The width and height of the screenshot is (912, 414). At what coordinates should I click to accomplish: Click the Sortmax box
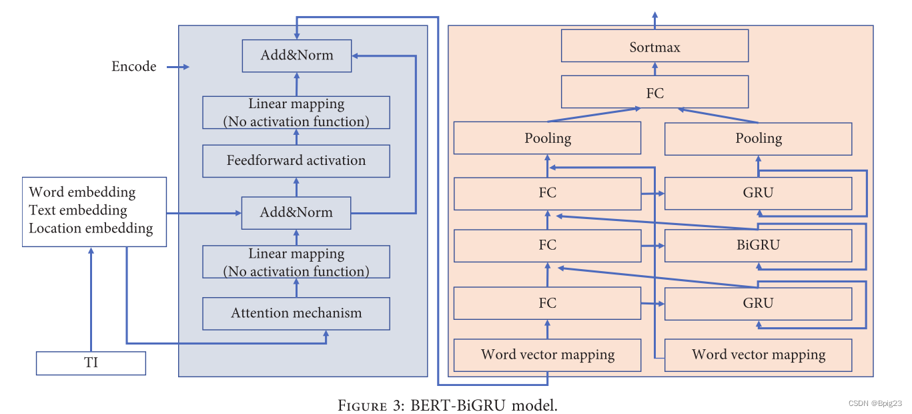pyautogui.click(x=654, y=46)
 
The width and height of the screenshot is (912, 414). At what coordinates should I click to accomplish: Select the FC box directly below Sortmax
pyautogui.click(x=654, y=92)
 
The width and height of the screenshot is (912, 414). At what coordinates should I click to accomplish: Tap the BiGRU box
pyautogui.click(x=758, y=246)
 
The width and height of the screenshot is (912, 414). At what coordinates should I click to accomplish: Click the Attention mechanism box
pyautogui.click(x=296, y=313)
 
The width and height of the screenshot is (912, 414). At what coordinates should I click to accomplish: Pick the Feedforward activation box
pyautogui.click(x=296, y=161)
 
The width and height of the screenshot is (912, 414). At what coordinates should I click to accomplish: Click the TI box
pyautogui.click(x=91, y=363)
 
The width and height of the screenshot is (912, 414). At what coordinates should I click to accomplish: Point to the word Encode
pyautogui.click(x=134, y=67)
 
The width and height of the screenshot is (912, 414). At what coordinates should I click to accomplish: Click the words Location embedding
pyautogui.click(x=91, y=228)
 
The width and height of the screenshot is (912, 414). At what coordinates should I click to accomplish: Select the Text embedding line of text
pyautogui.click(x=77, y=210)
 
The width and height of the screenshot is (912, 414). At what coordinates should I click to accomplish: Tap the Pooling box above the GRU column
pyautogui.click(x=758, y=138)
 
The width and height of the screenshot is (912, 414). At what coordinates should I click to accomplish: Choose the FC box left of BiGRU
pyautogui.click(x=547, y=246)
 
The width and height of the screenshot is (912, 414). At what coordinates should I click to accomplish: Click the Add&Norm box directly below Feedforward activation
pyautogui.click(x=296, y=213)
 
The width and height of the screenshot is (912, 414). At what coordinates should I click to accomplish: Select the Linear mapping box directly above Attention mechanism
pyautogui.click(x=296, y=262)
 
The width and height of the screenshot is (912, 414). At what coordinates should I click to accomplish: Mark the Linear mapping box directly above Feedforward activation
pyautogui.click(x=296, y=112)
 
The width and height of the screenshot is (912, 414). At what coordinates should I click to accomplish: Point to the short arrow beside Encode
pyautogui.click(x=177, y=67)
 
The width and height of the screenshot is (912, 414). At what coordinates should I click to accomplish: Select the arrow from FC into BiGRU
pyautogui.click(x=653, y=246)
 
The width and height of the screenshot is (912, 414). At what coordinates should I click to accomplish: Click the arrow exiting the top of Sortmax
pyautogui.click(x=654, y=20)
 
